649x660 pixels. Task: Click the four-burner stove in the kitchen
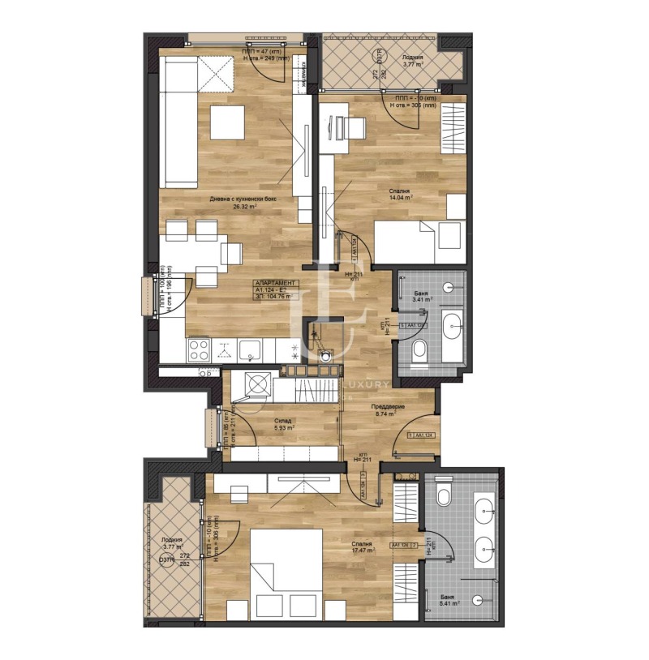[200, 349]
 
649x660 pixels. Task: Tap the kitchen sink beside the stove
[250, 349]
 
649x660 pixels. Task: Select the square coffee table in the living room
[226, 122]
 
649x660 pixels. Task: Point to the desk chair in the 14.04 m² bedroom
[354, 126]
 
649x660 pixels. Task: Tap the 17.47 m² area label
[363, 551]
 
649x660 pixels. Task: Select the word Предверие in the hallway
[389, 405]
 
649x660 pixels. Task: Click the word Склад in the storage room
[282, 422]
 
